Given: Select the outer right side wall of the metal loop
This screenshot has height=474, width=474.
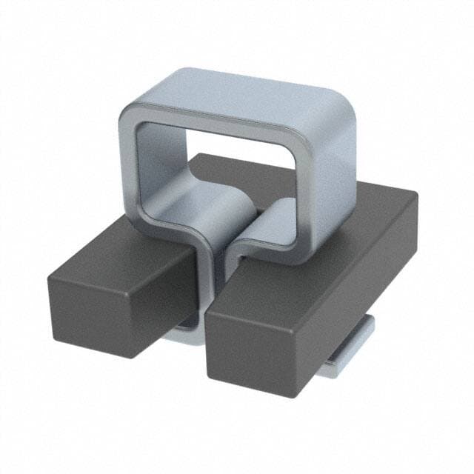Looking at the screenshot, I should point(337,163).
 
